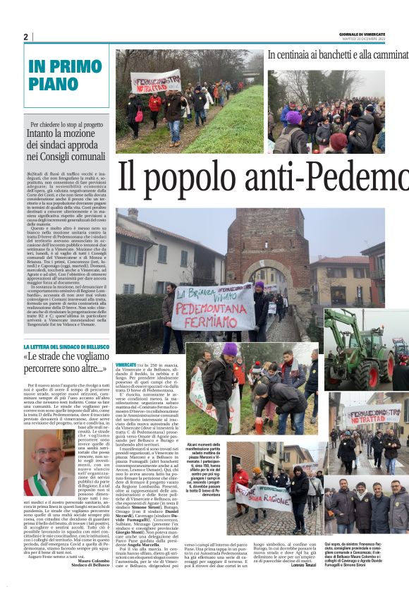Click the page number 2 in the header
click(26, 37)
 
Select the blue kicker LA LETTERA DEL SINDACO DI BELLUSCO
click(66, 347)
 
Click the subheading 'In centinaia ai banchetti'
click(337, 54)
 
